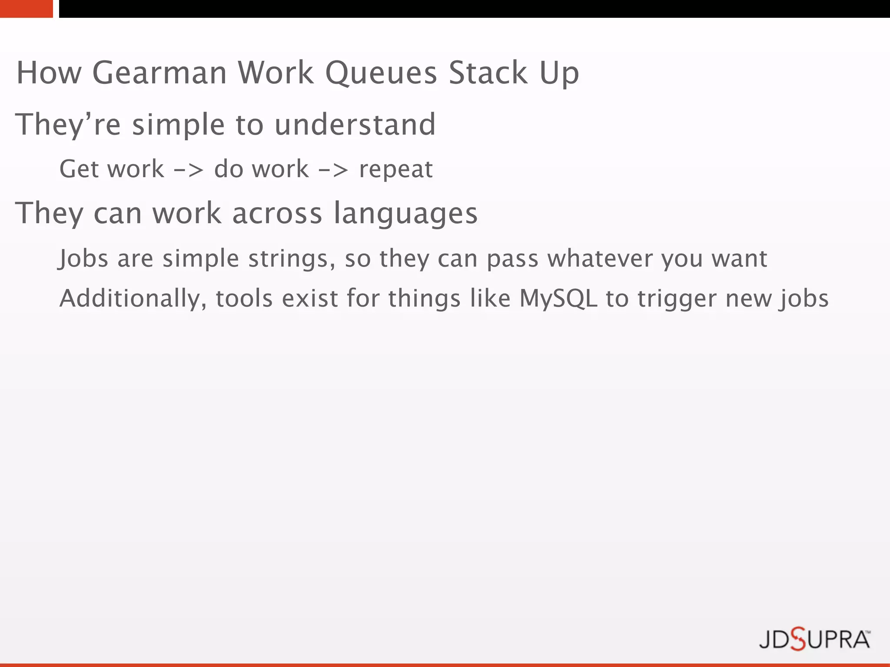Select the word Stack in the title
pyautogui.click(x=488, y=73)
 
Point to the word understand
pyautogui.click(x=355, y=125)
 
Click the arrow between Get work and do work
pyautogui.click(x=189, y=170)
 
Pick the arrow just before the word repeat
pyautogui.click(x=333, y=170)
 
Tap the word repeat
pyautogui.click(x=396, y=170)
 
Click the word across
pyautogui.click(x=277, y=214)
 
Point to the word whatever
pyautogui.click(x=600, y=259)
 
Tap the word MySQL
pyautogui.click(x=558, y=299)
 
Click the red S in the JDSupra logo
pyautogui.click(x=797, y=639)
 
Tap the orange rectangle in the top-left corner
pyautogui.click(x=26, y=9)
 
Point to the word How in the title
pyautogui.click(x=49, y=73)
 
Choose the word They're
pyautogui.click(x=68, y=125)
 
